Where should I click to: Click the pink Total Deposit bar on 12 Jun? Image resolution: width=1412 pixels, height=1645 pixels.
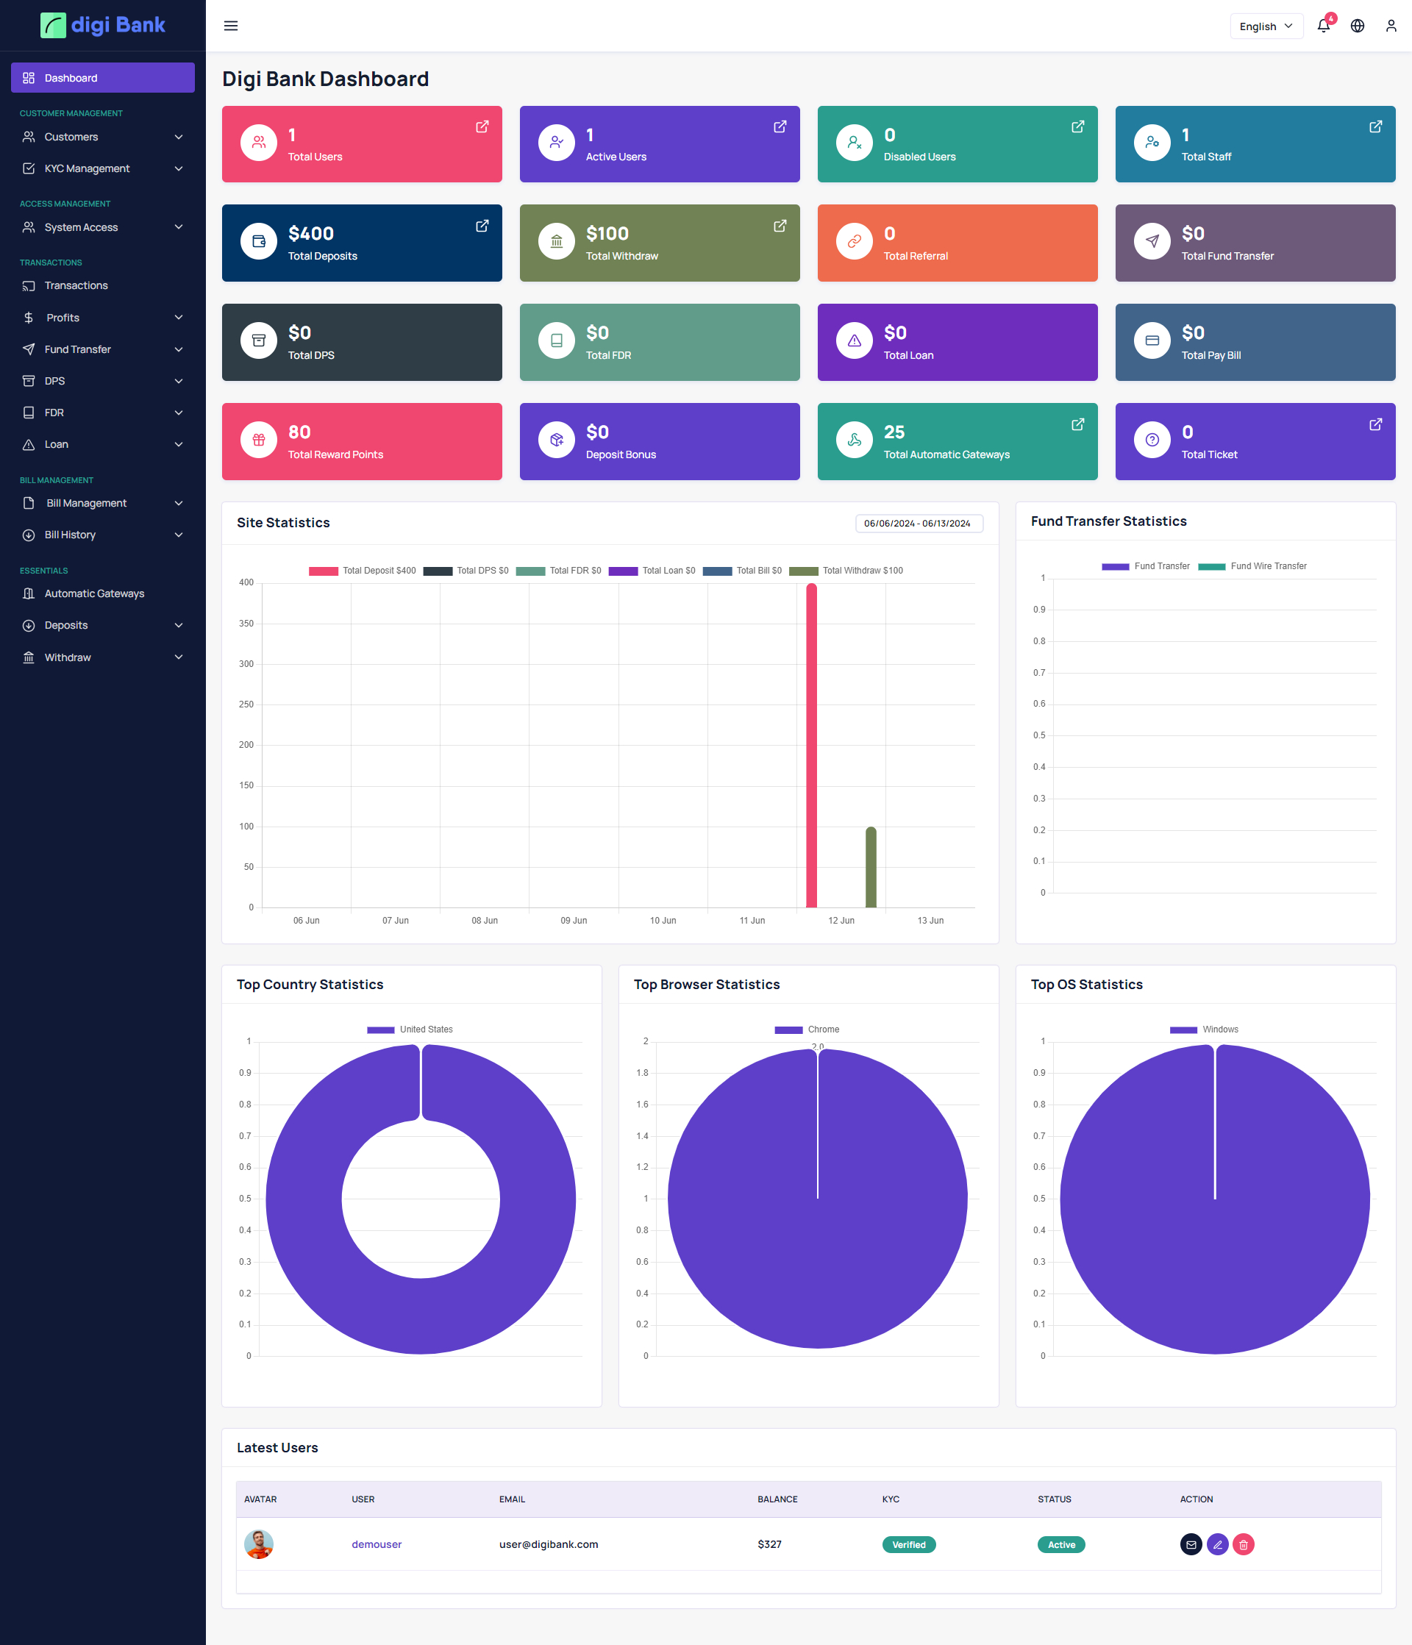click(811, 746)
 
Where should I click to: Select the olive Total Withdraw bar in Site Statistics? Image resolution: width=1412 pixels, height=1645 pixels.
click(871, 867)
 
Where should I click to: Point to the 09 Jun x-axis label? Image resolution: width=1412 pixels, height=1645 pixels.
click(574, 920)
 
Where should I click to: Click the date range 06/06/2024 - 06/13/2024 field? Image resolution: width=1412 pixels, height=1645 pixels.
click(918, 523)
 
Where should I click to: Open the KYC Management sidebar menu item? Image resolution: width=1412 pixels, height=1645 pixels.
click(88, 168)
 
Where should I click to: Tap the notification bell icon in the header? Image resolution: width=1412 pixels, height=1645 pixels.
click(1323, 26)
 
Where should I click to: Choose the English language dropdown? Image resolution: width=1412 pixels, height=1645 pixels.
click(1265, 26)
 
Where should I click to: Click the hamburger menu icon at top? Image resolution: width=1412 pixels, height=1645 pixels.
click(231, 26)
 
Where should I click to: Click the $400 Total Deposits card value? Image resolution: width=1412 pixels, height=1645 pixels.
click(310, 233)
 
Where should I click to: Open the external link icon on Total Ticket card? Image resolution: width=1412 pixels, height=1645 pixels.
click(1374, 425)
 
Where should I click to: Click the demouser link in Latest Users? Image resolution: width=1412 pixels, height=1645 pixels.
click(377, 1544)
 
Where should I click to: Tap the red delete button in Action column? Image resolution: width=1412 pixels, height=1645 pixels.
click(1243, 1544)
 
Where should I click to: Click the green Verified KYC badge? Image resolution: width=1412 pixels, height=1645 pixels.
click(908, 1544)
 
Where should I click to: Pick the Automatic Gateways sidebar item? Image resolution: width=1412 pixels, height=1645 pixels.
click(93, 593)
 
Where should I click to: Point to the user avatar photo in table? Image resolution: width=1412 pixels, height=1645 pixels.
click(259, 1544)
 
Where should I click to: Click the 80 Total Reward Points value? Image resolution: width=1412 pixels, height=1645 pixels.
click(299, 432)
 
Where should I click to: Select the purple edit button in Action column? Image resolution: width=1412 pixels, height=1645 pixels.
click(1216, 1544)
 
